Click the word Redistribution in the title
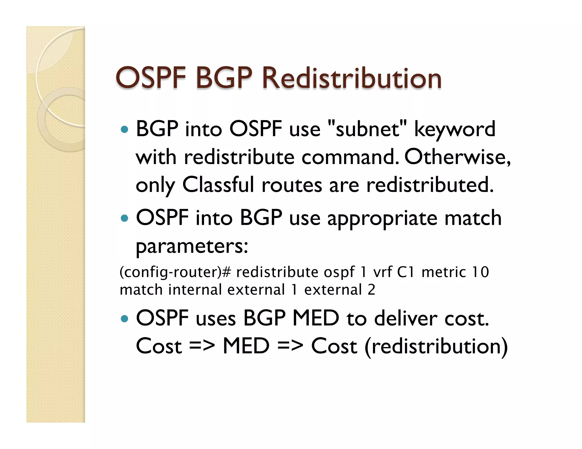pyautogui.click(x=352, y=78)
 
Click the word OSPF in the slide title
pyautogui.click(x=151, y=78)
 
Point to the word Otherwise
pyautogui.click(x=457, y=157)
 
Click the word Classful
pyautogui.click(x=218, y=185)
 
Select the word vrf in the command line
pyautogui.click(x=383, y=272)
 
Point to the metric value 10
pyautogui.click(x=480, y=272)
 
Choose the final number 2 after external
pyautogui.click(x=371, y=290)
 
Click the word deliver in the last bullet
pyautogui.click(x=406, y=318)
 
